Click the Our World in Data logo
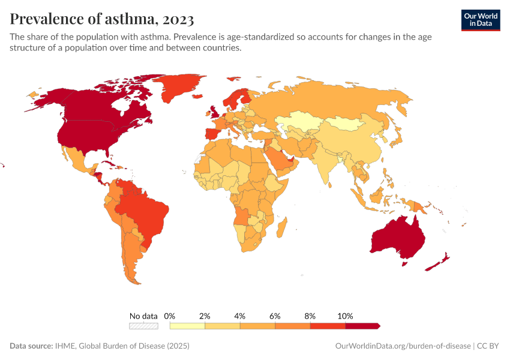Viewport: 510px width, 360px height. point(480,19)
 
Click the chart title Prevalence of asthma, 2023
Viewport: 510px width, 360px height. point(101,19)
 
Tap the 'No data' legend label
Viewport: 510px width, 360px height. point(143,316)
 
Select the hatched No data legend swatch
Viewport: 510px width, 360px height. point(143,326)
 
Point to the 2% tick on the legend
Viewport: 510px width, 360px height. point(205,316)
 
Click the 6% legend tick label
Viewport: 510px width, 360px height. point(275,316)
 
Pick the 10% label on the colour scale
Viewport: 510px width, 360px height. point(346,316)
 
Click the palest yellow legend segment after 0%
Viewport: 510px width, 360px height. point(187,326)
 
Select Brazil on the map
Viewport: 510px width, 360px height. point(147,212)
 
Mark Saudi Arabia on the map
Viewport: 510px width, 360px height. point(277,159)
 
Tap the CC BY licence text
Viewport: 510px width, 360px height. point(490,346)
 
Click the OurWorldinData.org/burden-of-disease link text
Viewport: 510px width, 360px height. point(401,346)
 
